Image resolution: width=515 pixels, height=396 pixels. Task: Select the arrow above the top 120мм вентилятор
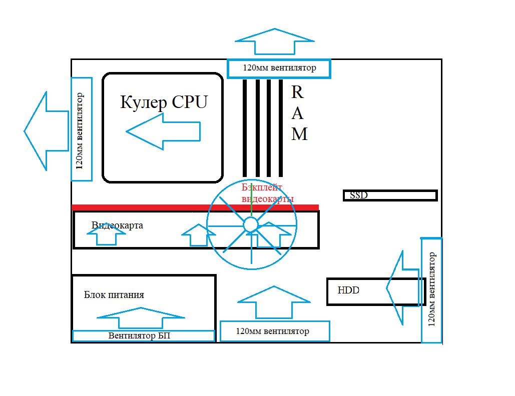tap(275, 41)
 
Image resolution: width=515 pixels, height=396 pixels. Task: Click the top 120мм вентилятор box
tap(279, 68)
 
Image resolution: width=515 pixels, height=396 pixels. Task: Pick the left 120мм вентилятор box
tap(82, 129)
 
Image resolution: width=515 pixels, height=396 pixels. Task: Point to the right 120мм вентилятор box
tap(432, 290)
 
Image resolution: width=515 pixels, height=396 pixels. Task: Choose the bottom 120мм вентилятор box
tap(275, 331)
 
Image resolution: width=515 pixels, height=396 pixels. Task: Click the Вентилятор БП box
tap(143, 336)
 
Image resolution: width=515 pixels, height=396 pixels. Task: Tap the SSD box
tap(390, 195)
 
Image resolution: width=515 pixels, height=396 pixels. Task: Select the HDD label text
tap(349, 290)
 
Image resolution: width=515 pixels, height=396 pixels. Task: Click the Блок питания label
tap(114, 295)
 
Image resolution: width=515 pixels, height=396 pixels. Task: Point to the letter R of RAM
tap(297, 92)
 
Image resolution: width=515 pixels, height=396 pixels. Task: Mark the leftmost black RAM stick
tap(245, 128)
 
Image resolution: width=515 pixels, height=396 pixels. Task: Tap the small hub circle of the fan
tap(250, 225)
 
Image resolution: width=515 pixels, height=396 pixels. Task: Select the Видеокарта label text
tap(118, 225)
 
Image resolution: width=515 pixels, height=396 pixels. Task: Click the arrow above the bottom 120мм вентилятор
tap(274, 303)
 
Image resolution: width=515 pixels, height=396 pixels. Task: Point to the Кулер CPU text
tap(164, 102)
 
